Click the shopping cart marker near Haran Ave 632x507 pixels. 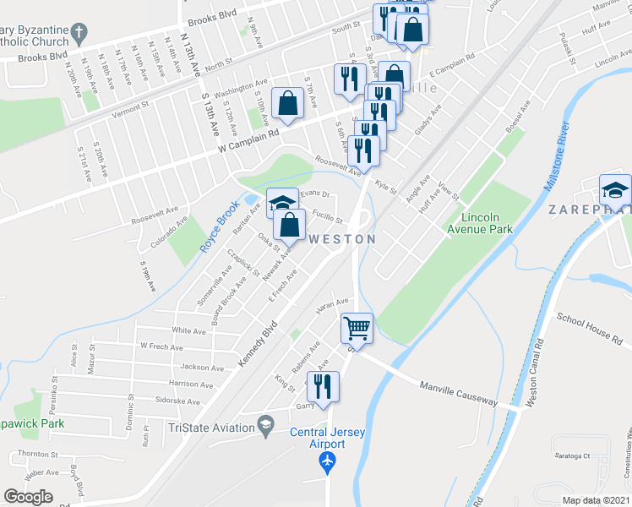[x=357, y=328]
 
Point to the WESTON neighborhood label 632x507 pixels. [x=343, y=240]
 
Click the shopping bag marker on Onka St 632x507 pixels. [x=289, y=225]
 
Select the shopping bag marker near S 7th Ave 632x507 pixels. [x=288, y=104]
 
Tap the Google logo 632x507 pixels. [x=30, y=497]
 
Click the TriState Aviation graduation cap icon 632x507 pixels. [x=266, y=424]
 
